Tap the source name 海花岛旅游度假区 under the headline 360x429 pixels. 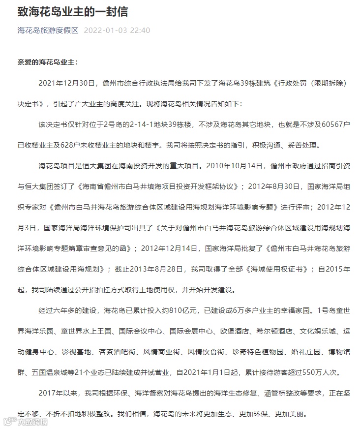[48, 31]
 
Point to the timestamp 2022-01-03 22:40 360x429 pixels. [117, 31]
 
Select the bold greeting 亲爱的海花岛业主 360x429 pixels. [47, 63]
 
